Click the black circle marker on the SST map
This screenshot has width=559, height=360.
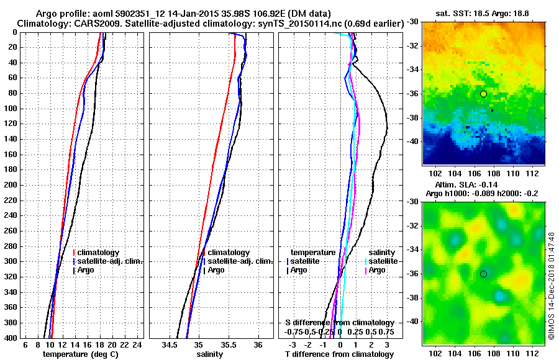point(483,94)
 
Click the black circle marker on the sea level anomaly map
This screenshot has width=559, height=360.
point(483,274)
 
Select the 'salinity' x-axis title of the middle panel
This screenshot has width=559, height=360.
point(210,354)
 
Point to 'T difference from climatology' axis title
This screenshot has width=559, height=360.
point(339,354)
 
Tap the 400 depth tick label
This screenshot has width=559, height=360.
point(11,338)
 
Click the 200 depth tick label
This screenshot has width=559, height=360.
point(11,185)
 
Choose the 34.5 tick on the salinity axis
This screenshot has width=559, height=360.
point(170,344)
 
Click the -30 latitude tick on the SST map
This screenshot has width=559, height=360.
point(413,22)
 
